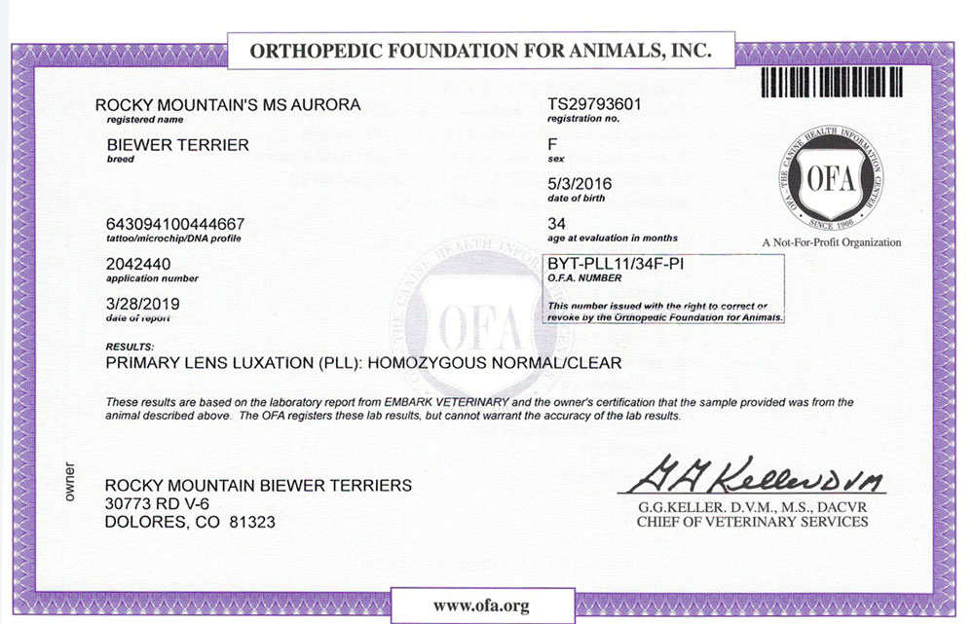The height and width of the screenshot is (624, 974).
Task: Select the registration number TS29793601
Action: [595, 103]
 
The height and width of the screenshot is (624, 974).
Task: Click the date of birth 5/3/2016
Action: [581, 183]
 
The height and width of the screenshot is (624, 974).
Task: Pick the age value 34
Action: [557, 223]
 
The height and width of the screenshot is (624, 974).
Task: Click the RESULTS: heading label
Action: [129, 347]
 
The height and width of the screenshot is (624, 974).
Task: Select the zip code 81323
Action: [250, 523]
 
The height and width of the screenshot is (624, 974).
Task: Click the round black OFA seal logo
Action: [831, 178]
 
